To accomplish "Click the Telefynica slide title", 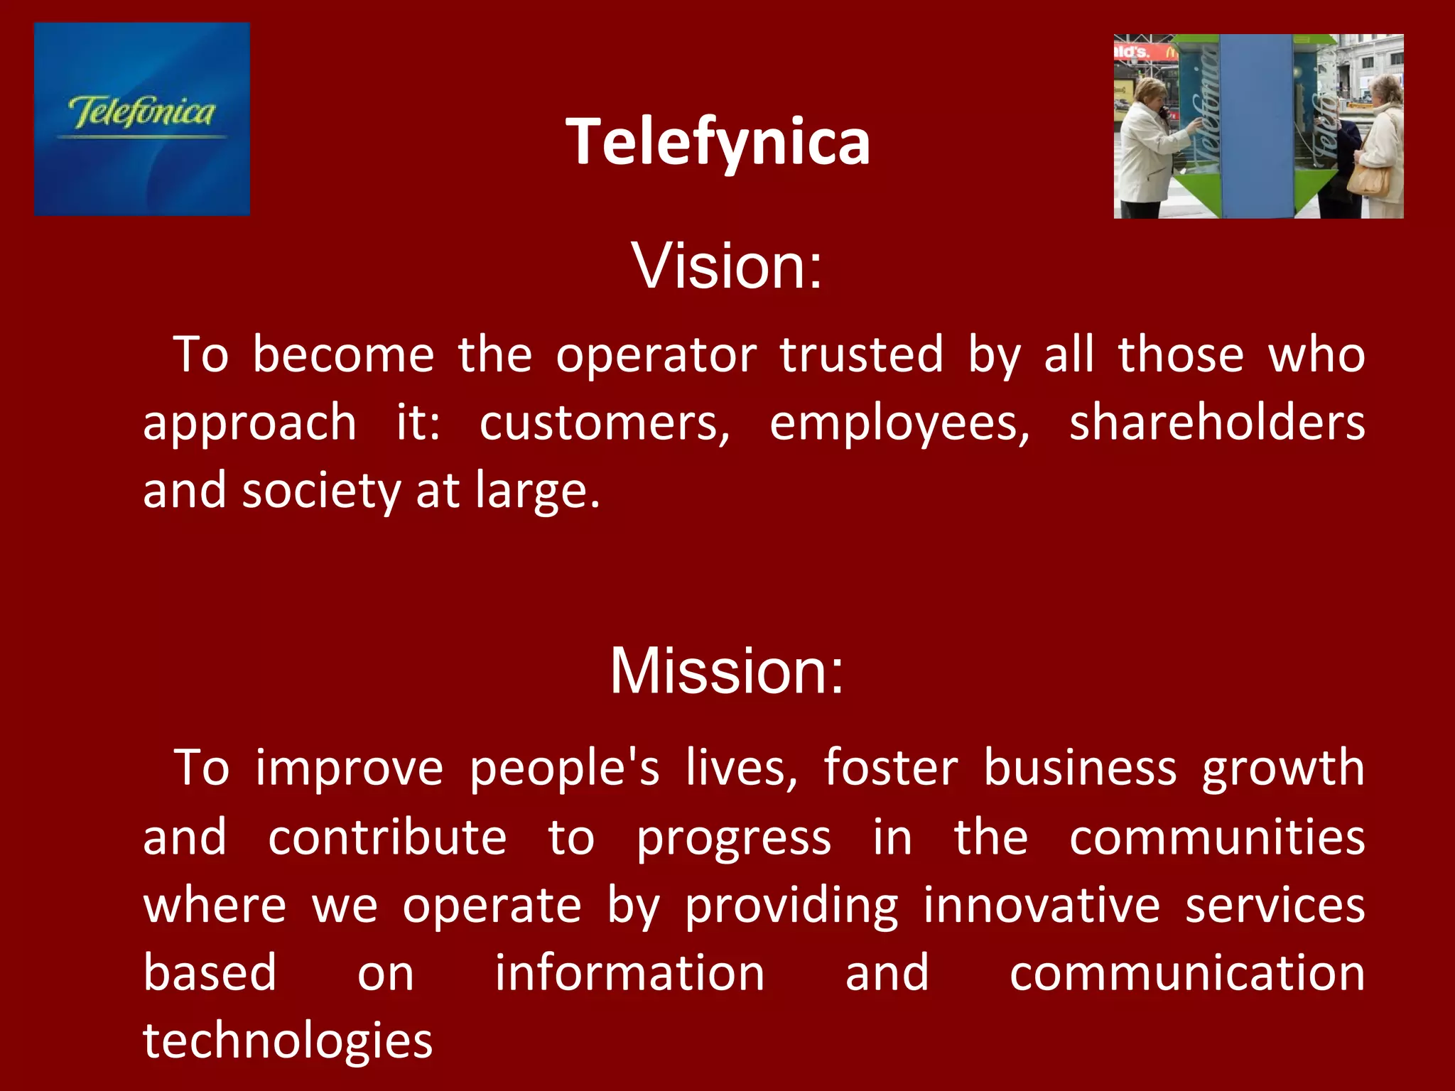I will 718,142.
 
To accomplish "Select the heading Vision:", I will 727,266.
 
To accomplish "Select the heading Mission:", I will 727,671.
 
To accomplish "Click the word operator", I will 656,355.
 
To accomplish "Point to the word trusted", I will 862,354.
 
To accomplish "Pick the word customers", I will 604,423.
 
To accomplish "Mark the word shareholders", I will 1216,422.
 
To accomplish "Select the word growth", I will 1283,769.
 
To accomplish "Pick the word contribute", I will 387,837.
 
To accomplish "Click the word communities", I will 1216,837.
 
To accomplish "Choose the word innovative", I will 1042,906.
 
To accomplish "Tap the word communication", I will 1186,973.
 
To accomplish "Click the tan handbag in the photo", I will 1369,178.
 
